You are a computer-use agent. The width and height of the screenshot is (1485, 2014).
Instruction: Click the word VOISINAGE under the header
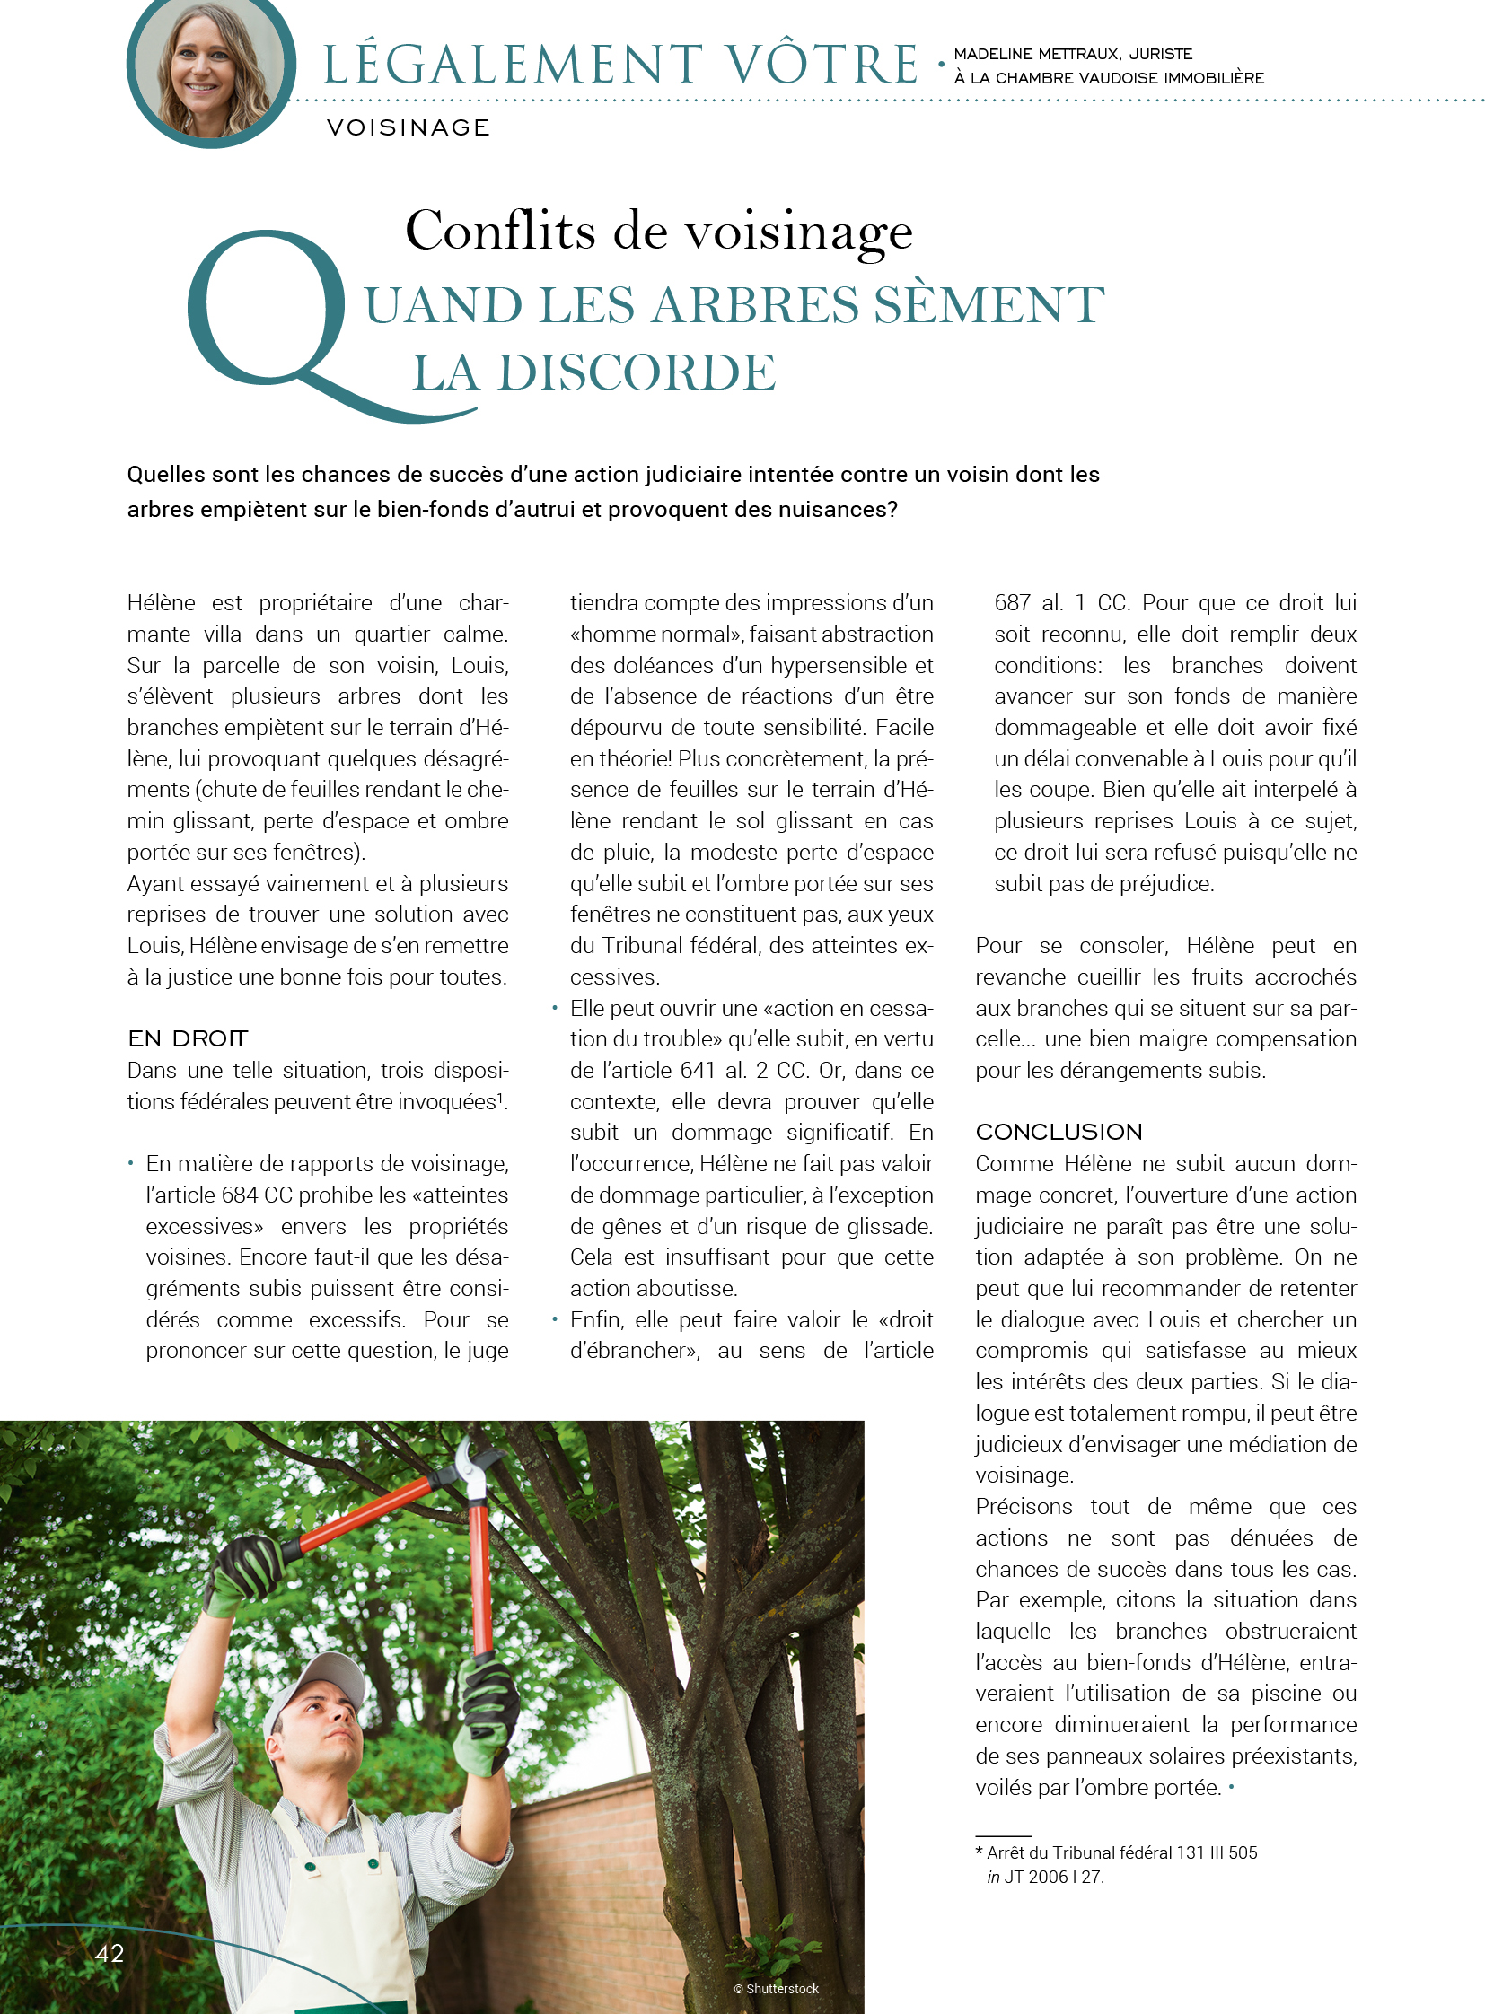click(x=409, y=127)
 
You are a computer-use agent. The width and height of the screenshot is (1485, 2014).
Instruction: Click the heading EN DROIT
click(x=188, y=1039)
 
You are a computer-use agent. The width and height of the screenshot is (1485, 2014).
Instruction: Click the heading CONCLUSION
click(x=1059, y=1132)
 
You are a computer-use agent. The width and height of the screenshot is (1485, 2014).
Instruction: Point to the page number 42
click(x=110, y=1953)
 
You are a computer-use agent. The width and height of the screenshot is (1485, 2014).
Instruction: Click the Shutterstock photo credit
click(x=777, y=1989)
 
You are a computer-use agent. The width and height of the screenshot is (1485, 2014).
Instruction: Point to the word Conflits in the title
click(x=500, y=230)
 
